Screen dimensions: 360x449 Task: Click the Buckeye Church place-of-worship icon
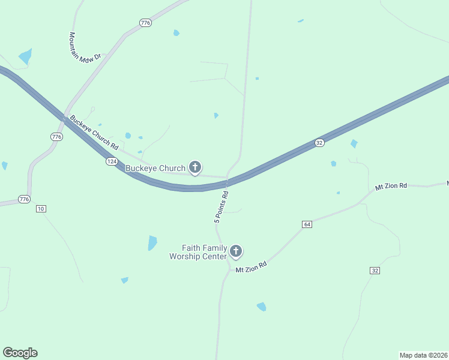tap(195, 167)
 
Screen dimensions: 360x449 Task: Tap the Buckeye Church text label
tap(155, 168)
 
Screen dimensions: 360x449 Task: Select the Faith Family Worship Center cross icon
tap(236, 251)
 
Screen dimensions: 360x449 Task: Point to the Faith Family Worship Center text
tap(198, 252)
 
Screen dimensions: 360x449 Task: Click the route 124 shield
tap(112, 161)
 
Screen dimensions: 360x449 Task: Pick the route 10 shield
tap(41, 208)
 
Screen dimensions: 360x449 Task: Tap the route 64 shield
tap(307, 224)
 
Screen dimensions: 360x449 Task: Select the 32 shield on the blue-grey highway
tap(320, 143)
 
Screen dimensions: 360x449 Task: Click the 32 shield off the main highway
tap(375, 271)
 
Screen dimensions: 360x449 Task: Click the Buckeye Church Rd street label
tap(94, 133)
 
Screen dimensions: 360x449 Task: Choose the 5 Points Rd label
tap(221, 207)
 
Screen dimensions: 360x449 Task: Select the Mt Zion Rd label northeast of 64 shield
tap(391, 187)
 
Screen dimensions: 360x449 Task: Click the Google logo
tap(20, 352)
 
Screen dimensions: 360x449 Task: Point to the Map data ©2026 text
tap(423, 355)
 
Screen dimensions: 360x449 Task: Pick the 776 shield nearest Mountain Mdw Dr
tap(145, 23)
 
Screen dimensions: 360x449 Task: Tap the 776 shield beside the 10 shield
tap(23, 199)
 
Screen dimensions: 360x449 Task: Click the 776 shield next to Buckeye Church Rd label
tap(56, 137)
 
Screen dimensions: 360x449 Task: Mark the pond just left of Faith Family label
tap(152, 242)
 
